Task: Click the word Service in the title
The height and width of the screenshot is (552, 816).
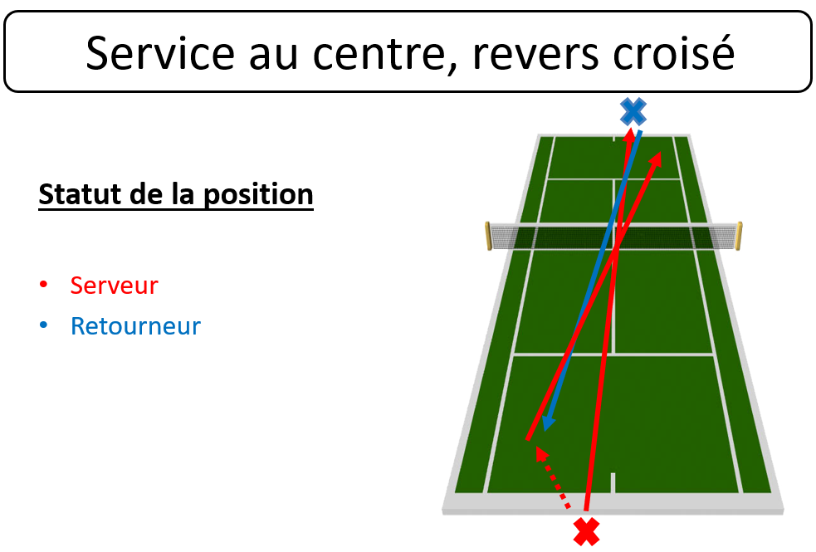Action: point(160,52)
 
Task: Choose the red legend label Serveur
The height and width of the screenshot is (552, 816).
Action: point(114,285)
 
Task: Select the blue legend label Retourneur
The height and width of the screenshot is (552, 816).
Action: point(135,326)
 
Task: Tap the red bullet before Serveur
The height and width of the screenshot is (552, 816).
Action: point(44,284)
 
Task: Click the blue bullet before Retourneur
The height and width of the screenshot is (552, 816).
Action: point(44,325)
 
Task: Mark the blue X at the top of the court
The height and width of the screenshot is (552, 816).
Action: point(633,111)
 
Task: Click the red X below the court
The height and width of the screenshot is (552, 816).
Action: point(587,531)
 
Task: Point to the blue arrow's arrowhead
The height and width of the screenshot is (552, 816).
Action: point(548,423)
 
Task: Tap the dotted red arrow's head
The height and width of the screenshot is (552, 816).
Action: point(541,453)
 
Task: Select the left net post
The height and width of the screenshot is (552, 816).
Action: point(488,236)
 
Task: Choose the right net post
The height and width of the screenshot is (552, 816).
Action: point(739,236)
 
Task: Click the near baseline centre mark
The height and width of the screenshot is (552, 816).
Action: point(613,482)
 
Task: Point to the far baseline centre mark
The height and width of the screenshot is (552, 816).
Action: point(613,139)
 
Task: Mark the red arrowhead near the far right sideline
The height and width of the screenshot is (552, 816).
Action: point(656,159)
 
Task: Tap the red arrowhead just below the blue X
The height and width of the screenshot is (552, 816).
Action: point(630,134)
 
